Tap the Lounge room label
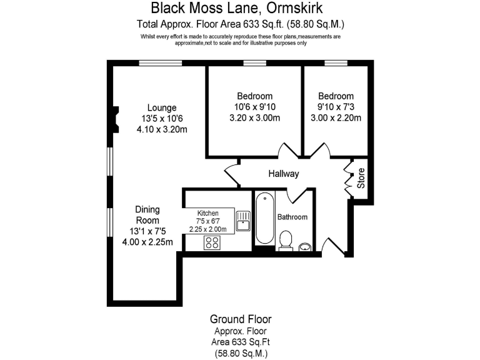(162, 107)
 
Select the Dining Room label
(148, 215)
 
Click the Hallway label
(284, 174)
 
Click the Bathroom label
(292, 217)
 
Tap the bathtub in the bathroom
(264, 219)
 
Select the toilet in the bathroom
(286, 239)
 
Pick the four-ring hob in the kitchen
(212, 242)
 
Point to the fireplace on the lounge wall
(115, 120)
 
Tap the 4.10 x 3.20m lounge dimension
(162, 130)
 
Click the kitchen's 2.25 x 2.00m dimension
(208, 229)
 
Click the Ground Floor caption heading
(241, 319)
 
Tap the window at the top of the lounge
(160, 62)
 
